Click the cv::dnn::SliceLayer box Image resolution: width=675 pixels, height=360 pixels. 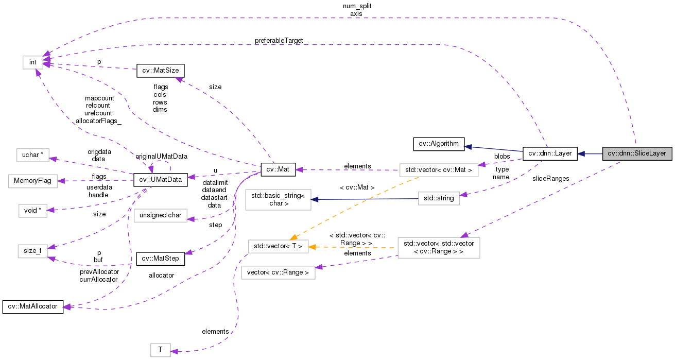[x=637, y=153]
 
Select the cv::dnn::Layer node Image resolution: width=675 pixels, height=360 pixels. [x=550, y=153]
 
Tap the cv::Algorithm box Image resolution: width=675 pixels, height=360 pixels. [x=439, y=144]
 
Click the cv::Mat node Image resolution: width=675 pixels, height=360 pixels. [x=278, y=169]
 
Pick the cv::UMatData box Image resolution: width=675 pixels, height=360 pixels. [x=160, y=180]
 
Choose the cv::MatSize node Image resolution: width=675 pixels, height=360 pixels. [x=160, y=71]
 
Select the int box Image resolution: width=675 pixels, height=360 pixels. [x=33, y=62]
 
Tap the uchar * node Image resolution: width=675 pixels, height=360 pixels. [x=33, y=155]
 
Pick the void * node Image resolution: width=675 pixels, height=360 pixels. [x=33, y=211]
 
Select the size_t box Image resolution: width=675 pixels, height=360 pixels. [x=33, y=251]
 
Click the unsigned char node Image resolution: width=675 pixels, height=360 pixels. [x=160, y=215]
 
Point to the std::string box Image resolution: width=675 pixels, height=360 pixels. [x=438, y=198]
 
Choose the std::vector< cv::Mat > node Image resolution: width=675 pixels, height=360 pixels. [x=439, y=169]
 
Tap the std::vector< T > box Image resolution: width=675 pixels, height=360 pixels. [x=278, y=247]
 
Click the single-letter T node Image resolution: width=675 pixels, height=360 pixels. [x=160, y=350]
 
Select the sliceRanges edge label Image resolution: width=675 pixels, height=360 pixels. [x=551, y=178]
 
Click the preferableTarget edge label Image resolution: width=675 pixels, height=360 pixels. [x=279, y=40]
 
